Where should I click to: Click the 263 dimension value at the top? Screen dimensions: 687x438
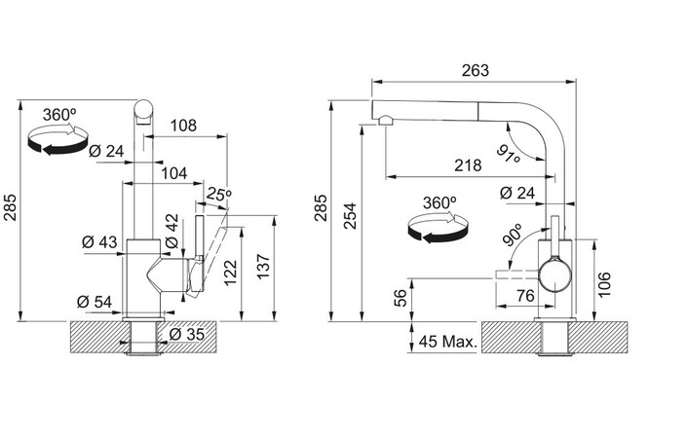click(475, 70)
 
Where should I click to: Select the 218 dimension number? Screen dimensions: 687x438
click(468, 165)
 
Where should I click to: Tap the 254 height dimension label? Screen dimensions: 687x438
click(350, 216)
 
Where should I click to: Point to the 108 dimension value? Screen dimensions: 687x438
click(183, 126)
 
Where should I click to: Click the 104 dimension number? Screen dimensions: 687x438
click(173, 173)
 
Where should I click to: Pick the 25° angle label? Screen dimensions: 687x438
click(218, 194)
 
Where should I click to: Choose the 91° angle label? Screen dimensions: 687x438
click(509, 154)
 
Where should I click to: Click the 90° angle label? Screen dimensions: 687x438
click(513, 235)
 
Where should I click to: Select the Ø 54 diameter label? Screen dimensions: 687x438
click(95, 302)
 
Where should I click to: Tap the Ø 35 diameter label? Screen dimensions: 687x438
click(187, 334)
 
